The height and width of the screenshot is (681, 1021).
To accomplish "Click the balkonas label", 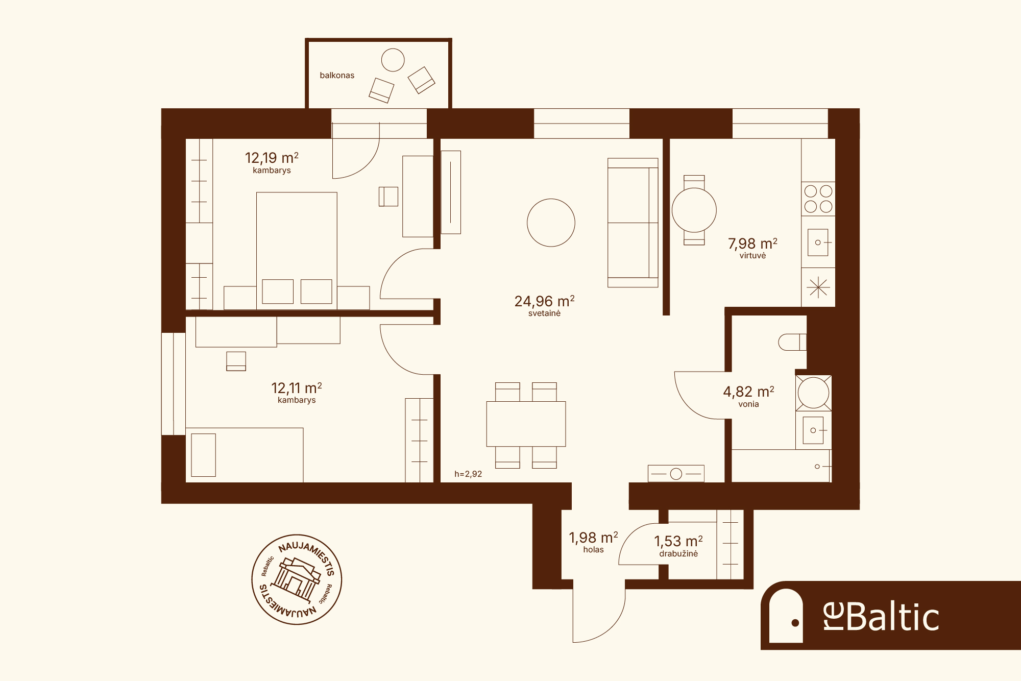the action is click(x=337, y=76).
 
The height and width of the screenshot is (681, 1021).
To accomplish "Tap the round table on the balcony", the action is click(x=393, y=60).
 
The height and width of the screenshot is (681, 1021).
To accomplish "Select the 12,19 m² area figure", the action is click(x=272, y=158).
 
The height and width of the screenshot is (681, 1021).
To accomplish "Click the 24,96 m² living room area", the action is click(x=544, y=301).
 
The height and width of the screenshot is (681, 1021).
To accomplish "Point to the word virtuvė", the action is click(x=752, y=256).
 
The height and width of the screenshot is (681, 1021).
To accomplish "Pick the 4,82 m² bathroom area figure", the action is click(x=748, y=392).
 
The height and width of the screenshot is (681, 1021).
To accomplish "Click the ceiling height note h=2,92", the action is click(x=468, y=474).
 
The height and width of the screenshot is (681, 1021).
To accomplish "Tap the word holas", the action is click(x=593, y=550).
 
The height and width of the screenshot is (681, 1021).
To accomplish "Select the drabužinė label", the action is click(x=678, y=554).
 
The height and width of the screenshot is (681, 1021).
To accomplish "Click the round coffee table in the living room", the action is click(x=551, y=223).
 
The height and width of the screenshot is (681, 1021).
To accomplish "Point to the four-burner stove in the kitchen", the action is click(x=818, y=199).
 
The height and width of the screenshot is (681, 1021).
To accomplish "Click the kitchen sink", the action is click(x=818, y=242).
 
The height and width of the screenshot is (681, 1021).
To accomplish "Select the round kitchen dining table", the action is click(x=694, y=210).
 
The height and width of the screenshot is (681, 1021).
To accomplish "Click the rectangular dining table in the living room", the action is click(x=526, y=424).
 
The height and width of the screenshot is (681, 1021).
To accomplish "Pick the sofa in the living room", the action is click(x=633, y=223).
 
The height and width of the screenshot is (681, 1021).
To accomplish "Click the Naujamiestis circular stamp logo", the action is click(x=297, y=579).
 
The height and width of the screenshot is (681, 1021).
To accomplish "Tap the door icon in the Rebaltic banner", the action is click(x=786, y=616).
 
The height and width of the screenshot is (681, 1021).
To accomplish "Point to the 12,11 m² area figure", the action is click(x=297, y=388).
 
